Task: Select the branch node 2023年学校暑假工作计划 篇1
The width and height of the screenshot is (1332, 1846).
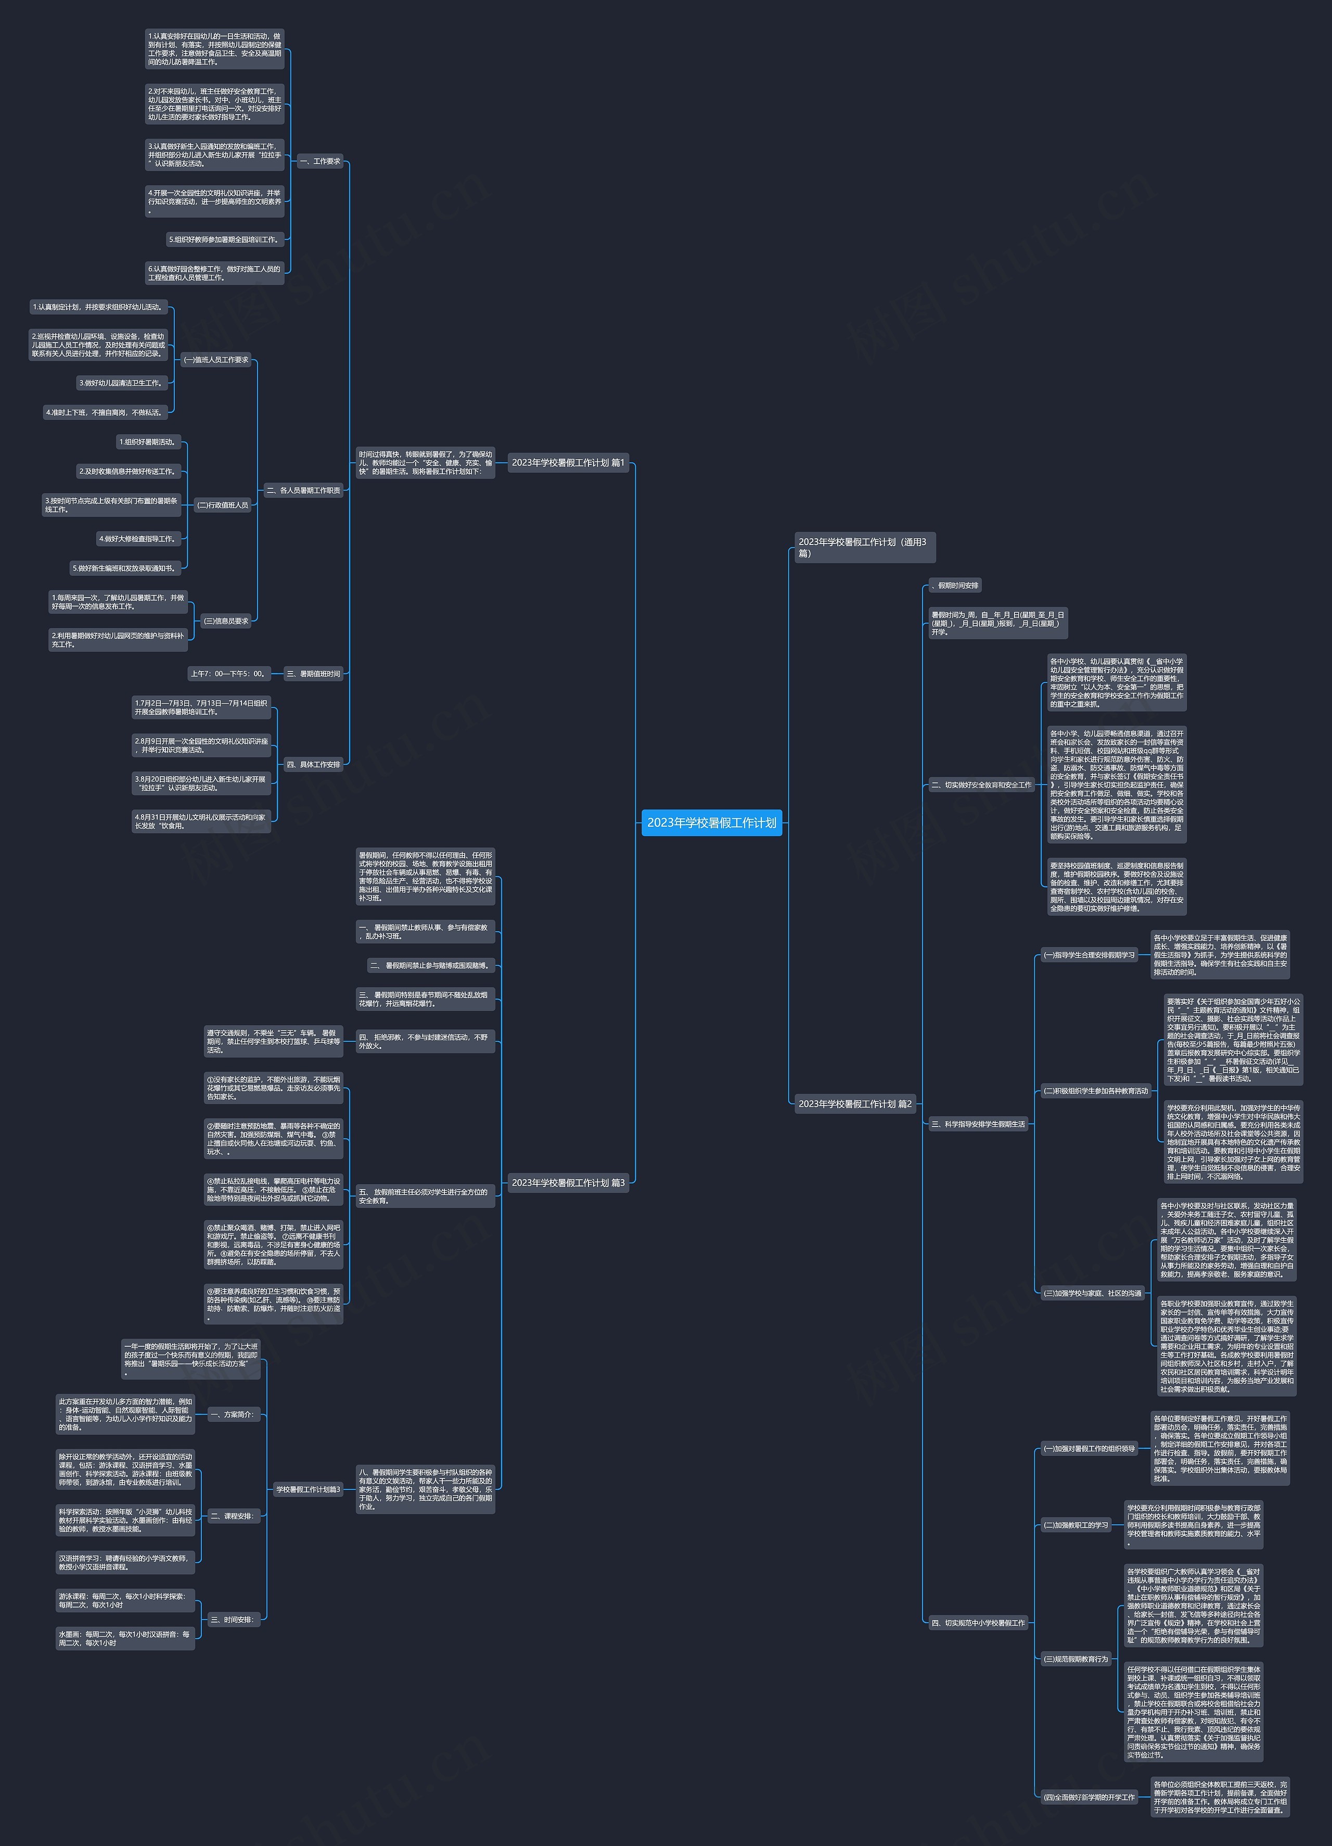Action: [x=567, y=462]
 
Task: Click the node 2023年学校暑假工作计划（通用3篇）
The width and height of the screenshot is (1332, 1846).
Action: [x=864, y=547]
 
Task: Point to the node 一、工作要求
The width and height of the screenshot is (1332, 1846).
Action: [x=320, y=161]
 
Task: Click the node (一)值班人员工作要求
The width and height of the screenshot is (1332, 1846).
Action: [x=215, y=360]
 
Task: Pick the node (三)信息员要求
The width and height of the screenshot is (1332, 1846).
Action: [x=225, y=621]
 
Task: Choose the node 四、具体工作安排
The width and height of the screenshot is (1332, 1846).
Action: [x=313, y=764]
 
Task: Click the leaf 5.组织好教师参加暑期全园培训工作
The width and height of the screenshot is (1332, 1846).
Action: [x=225, y=239]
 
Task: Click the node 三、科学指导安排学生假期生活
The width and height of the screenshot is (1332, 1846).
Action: [x=978, y=1124]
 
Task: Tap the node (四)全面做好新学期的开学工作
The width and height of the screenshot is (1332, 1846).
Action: [x=1088, y=1797]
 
